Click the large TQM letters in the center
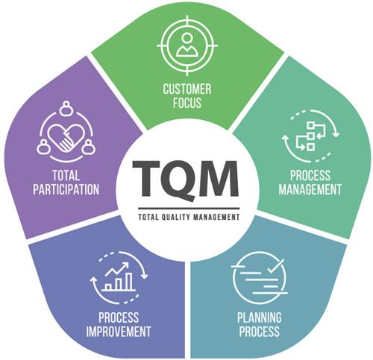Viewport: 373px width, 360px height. [186, 180]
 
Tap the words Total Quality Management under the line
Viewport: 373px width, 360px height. [189, 217]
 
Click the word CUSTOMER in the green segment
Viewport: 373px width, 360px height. [187, 89]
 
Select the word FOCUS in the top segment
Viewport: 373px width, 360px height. [187, 103]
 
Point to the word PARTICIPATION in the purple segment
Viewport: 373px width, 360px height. [66, 189]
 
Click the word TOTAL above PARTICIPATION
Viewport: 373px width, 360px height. [66, 175]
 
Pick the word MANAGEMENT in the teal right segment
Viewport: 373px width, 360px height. [310, 189]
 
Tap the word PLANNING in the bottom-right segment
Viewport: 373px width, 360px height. [260, 318]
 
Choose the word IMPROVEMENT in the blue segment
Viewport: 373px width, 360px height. [119, 332]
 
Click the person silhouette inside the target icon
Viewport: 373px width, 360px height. [187, 45]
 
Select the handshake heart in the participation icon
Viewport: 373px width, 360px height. [66, 138]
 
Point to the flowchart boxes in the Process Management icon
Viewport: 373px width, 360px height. [311, 136]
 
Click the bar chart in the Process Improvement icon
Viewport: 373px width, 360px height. [119, 282]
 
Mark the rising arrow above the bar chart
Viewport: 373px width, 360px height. [117, 269]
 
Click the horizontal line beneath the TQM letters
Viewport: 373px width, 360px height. [189, 209]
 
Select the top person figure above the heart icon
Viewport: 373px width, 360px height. [66, 108]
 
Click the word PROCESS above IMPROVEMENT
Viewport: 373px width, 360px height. [119, 318]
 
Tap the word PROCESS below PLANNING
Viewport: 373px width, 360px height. [260, 332]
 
